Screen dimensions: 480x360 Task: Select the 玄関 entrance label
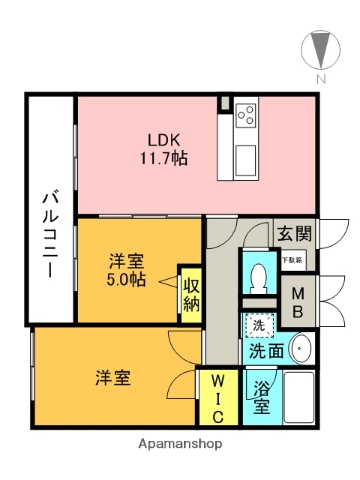[x=294, y=233]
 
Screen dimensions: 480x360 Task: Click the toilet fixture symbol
[x=259, y=273]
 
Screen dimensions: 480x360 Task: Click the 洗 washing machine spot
[x=258, y=326]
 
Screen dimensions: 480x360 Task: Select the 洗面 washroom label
[x=265, y=351]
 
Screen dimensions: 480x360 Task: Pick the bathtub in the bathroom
[x=299, y=398]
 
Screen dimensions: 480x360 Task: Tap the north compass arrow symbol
[x=320, y=48]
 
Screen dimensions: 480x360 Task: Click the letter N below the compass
[x=320, y=78]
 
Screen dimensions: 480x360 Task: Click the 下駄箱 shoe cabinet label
[x=293, y=260]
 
